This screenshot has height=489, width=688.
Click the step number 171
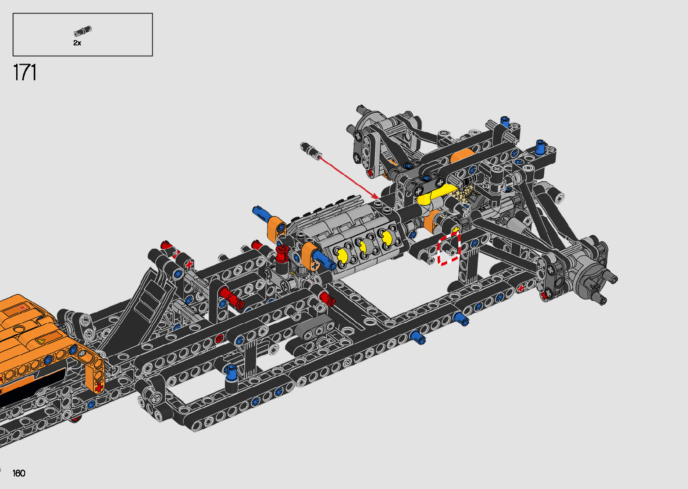click(25, 72)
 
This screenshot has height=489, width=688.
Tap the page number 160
click(19, 473)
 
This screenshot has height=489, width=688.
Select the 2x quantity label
click(77, 43)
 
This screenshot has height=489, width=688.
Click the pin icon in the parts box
click(83, 31)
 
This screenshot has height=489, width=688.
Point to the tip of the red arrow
click(378, 198)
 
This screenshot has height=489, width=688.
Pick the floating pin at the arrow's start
click(311, 150)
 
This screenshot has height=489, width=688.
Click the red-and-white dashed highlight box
click(449, 249)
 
